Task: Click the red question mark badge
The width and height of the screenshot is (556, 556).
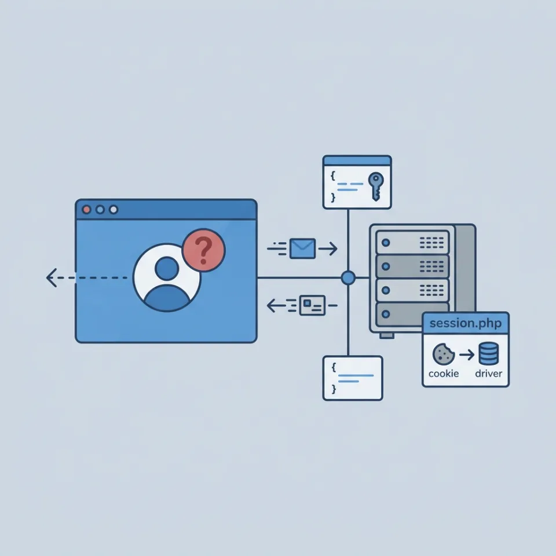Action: pos(203,250)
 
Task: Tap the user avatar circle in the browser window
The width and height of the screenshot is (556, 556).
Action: pos(167,277)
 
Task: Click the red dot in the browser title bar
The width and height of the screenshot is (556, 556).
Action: pos(86,210)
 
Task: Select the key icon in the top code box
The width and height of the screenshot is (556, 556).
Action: pos(376,186)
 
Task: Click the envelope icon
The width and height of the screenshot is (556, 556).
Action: pos(302,248)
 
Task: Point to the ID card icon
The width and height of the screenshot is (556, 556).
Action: pos(312,305)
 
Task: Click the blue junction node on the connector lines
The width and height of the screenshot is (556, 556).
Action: pos(348,277)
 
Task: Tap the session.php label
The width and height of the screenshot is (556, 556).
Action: pos(466,323)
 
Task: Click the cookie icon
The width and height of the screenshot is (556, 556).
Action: pos(443,354)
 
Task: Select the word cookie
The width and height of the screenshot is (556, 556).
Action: pos(444,374)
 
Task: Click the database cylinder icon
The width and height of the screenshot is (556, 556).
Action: pos(489,353)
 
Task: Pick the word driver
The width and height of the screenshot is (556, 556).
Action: pos(489,374)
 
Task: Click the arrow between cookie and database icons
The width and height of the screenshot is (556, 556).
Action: pos(467,354)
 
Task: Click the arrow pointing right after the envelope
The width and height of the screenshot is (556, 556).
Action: pos(328,248)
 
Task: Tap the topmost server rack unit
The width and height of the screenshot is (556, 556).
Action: pos(412,243)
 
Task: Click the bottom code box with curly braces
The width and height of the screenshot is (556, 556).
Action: pos(353,378)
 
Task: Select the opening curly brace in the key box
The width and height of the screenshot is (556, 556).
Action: pos(332,175)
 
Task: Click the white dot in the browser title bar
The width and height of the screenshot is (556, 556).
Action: pos(114,210)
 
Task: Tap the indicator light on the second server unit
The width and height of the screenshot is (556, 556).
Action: pos(386,266)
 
